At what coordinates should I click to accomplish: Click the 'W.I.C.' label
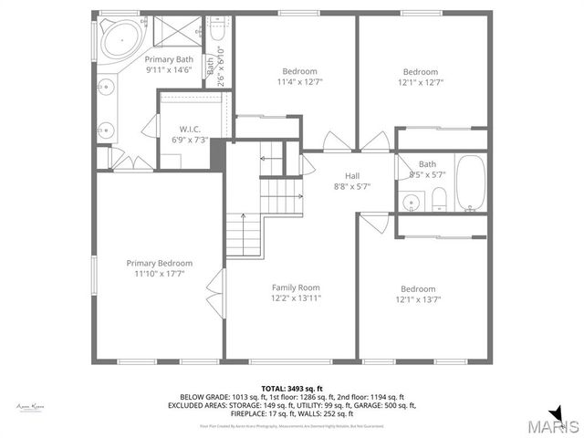(x=190, y=129)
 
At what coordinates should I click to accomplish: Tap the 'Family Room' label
(x=296, y=287)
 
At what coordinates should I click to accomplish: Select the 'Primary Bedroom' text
(x=159, y=263)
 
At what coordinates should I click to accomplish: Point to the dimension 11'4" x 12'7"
(x=299, y=82)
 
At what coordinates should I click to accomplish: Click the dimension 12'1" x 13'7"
(x=418, y=299)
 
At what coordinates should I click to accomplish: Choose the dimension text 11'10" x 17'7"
(x=159, y=274)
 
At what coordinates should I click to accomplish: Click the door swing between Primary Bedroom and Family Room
(x=215, y=294)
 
